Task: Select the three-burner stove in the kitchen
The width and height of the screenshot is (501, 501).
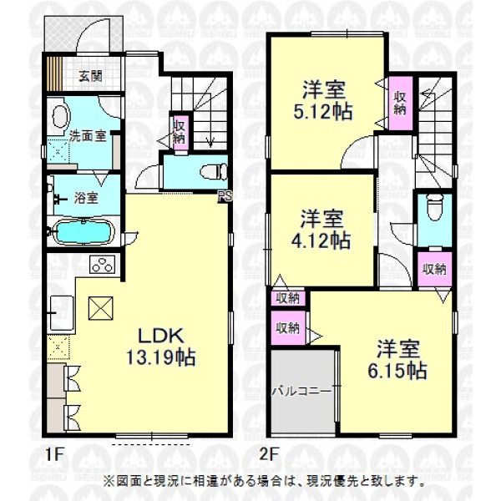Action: point(103,264)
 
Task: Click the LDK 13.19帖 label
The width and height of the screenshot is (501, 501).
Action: point(160,347)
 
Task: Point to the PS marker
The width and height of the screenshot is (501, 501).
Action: point(225,196)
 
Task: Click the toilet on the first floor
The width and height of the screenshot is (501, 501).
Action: point(214,172)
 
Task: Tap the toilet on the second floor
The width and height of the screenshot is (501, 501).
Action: point(435,208)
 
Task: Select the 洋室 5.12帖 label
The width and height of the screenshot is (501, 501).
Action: point(323,101)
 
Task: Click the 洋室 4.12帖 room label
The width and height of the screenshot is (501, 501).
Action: point(321,230)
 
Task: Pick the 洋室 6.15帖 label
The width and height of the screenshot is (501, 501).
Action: point(397,359)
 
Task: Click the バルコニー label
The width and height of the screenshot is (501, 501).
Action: point(301,392)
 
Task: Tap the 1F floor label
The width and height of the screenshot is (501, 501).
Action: point(54,454)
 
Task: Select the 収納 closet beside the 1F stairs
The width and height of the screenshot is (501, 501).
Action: point(180,132)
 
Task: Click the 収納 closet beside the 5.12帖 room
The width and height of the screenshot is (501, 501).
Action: point(400,104)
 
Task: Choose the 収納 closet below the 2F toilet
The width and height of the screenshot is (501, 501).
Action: point(434,269)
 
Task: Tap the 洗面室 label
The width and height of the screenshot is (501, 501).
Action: point(88,136)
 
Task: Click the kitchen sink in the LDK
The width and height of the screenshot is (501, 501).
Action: point(62,313)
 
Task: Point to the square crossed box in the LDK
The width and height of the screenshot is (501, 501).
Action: point(101,308)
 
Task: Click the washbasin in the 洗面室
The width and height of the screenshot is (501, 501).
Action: point(61,116)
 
